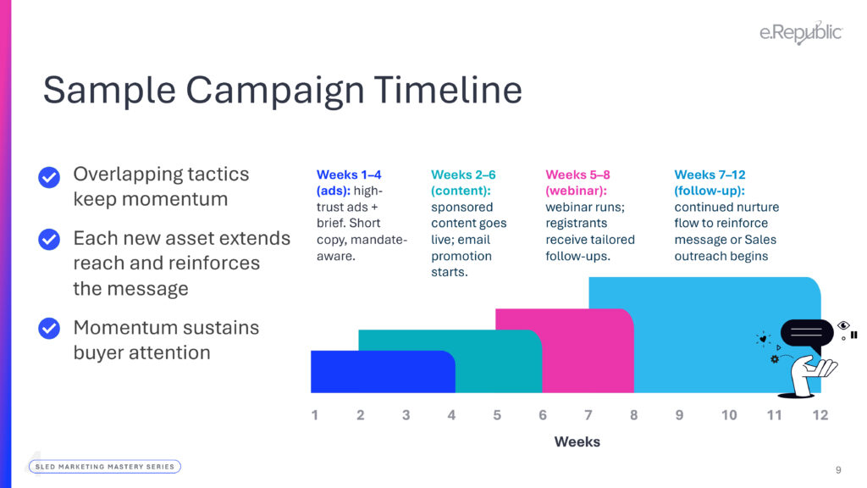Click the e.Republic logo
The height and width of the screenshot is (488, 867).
[x=801, y=33]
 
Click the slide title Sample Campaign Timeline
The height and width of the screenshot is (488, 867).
[x=283, y=90]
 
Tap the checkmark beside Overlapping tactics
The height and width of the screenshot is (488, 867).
[x=49, y=178]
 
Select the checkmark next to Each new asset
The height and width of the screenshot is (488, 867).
[x=49, y=240]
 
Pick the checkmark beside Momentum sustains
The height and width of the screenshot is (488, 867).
[x=49, y=328]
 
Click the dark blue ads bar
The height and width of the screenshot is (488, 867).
[x=383, y=372]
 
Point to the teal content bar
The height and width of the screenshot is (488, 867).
[x=498, y=362]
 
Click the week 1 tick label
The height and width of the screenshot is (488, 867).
[x=315, y=415]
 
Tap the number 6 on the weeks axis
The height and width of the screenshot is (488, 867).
[x=543, y=415]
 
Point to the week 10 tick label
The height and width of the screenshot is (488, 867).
[x=729, y=415]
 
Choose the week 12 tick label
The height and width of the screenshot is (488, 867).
[x=820, y=415]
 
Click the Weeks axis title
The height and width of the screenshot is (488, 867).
[x=577, y=441]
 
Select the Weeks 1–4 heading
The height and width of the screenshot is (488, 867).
[x=349, y=175]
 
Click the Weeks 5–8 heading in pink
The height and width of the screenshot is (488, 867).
[x=577, y=175]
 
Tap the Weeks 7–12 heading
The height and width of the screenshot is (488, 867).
[x=710, y=175]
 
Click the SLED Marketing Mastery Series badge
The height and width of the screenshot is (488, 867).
[x=105, y=467]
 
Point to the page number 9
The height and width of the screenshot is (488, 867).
[x=838, y=469]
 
